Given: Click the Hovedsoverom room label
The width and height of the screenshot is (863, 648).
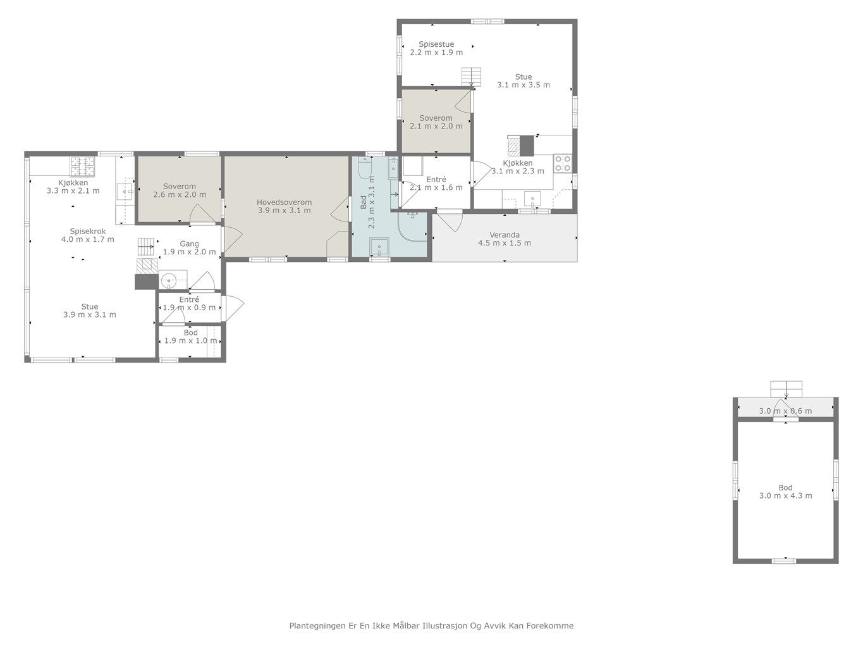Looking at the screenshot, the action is (284, 202).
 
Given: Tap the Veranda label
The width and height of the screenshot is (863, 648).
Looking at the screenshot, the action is (505, 235).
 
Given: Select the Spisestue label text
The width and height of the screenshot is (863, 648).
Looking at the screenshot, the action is (436, 44).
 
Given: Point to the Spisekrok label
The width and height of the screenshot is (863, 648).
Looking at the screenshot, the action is (88, 232).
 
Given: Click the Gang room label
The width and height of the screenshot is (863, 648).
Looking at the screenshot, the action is (189, 244).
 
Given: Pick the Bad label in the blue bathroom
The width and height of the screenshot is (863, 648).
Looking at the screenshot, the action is (364, 202).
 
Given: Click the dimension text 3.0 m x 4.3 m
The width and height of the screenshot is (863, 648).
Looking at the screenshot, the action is (785, 495).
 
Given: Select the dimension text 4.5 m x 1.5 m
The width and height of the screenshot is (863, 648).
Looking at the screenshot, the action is (505, 243).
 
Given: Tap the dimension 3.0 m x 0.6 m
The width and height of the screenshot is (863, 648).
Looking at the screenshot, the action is (785, 411).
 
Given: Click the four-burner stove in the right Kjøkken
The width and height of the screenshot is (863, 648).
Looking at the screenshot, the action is (563, 164).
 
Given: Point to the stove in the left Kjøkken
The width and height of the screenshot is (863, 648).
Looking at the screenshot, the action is (83, 166).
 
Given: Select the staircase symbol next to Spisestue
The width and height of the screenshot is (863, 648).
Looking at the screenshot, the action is (471, 77).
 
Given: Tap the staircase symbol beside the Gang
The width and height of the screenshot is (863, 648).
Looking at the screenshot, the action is (147, 247).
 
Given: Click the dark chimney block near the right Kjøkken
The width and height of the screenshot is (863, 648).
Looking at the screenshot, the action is (527, 145).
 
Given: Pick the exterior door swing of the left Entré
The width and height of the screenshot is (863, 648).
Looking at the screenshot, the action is (233, 304).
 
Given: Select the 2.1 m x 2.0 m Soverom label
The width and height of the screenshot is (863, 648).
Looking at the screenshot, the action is (436, 122).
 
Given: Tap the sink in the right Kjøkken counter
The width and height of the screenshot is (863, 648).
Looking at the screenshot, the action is (532, 199).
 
